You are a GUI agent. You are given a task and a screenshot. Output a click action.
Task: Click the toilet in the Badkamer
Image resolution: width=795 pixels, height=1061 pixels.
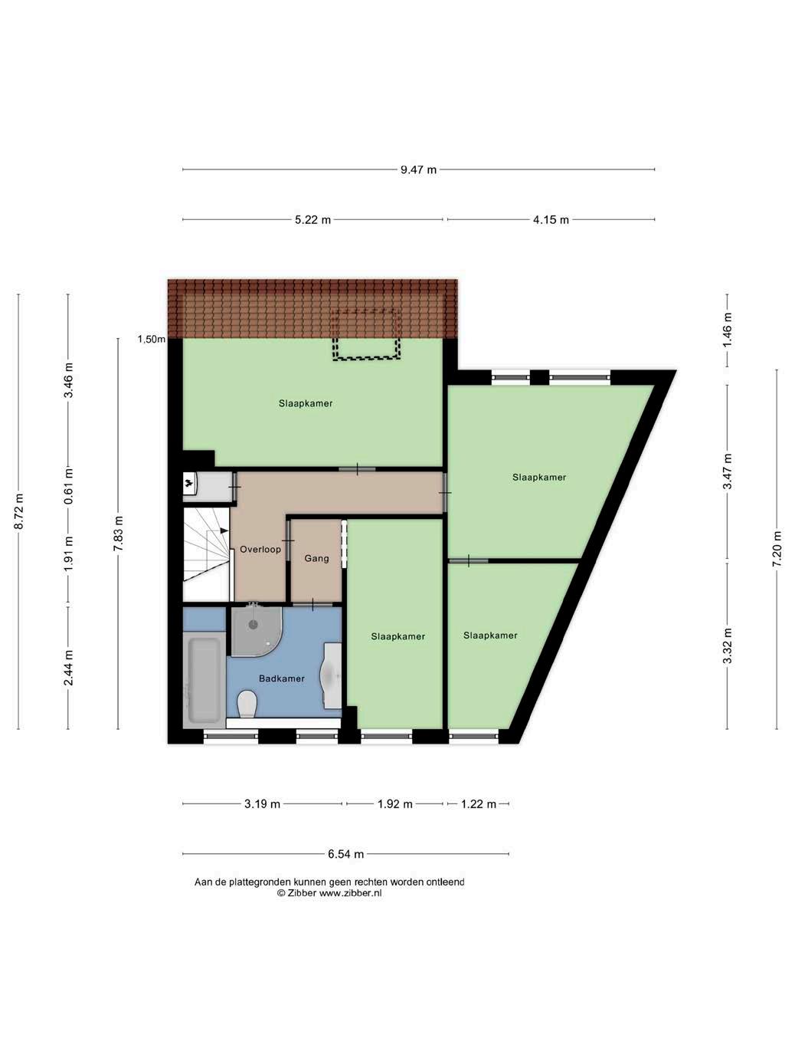point(247,704)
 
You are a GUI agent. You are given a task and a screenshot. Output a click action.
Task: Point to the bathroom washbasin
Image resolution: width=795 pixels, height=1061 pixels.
point(332,675)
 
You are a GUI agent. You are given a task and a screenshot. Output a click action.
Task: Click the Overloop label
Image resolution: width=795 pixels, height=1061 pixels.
point(260,549)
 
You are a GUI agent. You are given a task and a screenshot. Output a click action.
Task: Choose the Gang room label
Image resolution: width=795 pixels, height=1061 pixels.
point(316,558)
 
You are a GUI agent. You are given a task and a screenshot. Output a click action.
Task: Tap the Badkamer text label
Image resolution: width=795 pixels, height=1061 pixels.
point(282,678)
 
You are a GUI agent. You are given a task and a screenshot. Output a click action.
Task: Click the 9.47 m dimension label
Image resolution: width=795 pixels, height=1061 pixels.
point(418,169)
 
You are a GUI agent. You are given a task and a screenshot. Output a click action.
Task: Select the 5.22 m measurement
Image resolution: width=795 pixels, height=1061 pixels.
point(312,220)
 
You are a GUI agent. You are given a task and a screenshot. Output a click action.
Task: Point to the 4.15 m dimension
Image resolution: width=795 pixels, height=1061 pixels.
point(551,220)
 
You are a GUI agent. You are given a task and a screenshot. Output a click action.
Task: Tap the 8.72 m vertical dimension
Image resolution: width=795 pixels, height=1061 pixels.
point(19,511)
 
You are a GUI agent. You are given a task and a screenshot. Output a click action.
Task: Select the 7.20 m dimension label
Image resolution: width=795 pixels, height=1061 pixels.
point(777,550)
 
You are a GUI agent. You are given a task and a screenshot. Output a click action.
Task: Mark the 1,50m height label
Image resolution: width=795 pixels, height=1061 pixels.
point(152,340)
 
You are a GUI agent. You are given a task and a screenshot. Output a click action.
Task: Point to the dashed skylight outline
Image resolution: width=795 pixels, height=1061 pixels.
point(366,334)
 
